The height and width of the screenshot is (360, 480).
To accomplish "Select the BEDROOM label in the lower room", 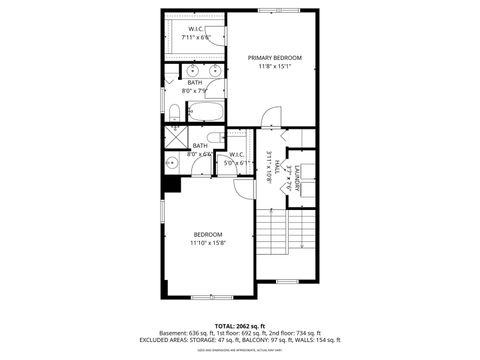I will pyautogui.click(x=208, y=234).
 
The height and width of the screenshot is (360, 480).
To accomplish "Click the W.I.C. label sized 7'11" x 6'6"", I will pyautogui.click(x=195, y=29).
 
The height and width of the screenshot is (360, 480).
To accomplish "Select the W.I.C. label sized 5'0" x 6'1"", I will pyautogui.click(x=237, y=155).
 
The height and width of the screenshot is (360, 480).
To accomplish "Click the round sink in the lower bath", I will pyautogui.click(x=173, y=160).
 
